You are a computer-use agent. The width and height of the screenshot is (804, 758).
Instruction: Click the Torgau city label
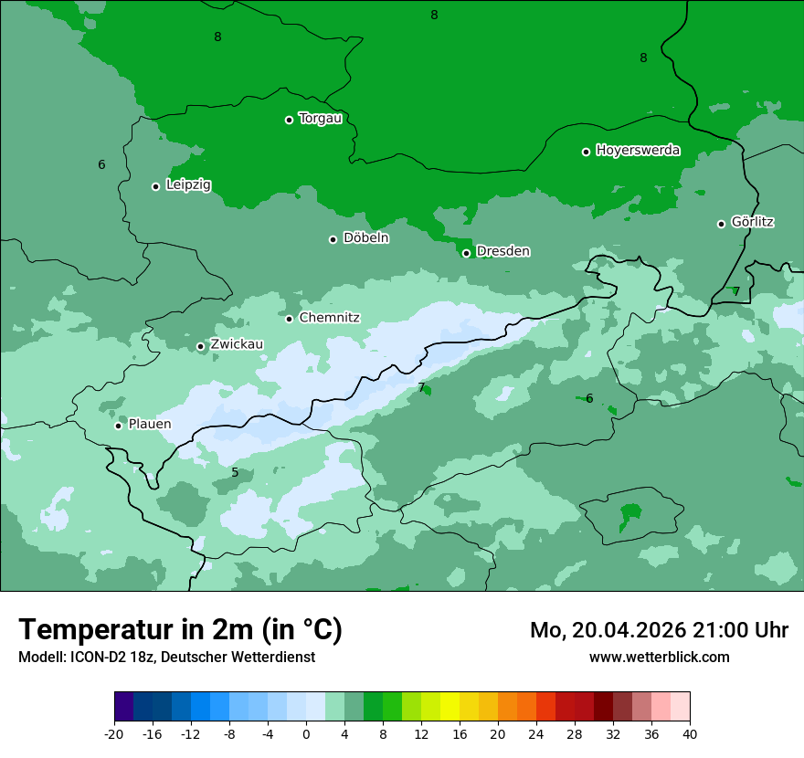point(320,119)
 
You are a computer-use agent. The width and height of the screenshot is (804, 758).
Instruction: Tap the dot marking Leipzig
point(155,186)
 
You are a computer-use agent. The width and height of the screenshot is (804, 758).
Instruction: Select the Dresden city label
point(503,251)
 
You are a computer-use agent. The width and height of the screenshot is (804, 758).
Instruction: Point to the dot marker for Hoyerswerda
point(586,152)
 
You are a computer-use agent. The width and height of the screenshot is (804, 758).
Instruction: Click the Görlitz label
point(753,222)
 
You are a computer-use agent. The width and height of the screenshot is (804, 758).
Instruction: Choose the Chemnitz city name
point(329,318)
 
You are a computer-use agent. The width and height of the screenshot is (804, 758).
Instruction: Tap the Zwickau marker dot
point(201,346)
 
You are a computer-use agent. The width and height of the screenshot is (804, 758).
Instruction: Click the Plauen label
point(150,424)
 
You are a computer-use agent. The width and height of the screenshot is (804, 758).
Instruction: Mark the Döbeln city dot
point(333,239)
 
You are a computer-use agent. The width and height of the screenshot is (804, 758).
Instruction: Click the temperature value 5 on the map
point(235,472)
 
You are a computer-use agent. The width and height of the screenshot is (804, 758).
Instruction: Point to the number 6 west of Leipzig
point(101,164)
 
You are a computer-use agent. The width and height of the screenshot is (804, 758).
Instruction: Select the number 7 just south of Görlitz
point(735,291)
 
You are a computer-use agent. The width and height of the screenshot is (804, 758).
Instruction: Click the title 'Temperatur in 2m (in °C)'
point(180,629)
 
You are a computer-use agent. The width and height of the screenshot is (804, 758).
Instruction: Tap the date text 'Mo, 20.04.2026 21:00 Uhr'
point(659,630)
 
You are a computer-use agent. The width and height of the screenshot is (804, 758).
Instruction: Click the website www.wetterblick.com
point(659,657)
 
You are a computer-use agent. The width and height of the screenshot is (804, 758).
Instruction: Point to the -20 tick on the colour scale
point(114,734)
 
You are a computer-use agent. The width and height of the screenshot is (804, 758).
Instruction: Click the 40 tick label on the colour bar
point(689,734)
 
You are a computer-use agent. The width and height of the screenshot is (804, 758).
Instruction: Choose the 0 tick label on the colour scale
point(306,734)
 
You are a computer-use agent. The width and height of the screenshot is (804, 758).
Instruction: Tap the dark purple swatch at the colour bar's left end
point(124,707)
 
